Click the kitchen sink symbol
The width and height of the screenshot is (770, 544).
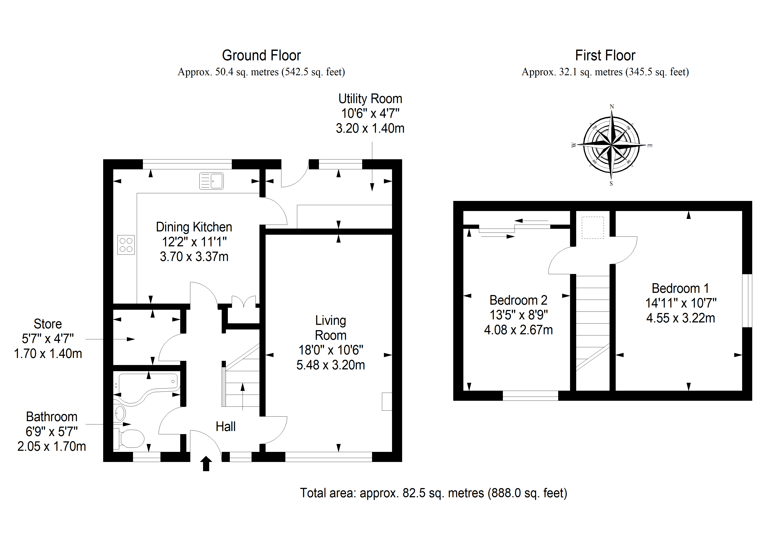(211, 181)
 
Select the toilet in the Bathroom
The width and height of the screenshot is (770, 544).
(129, 438)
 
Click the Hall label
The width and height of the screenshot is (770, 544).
(226, 427)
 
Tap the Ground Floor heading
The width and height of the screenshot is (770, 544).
(262, 55)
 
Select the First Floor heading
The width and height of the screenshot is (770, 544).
(605, 55)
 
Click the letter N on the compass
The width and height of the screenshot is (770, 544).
(612, 107)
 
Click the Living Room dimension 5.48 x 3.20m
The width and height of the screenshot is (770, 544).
(331, 365)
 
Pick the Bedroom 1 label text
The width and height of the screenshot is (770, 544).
(680, 288)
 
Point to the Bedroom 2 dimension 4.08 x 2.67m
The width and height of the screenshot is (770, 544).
(518, 330)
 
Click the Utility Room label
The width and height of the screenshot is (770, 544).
(370, 99)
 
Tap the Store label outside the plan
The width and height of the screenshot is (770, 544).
(48, 324)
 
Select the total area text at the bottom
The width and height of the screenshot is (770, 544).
(434, 493)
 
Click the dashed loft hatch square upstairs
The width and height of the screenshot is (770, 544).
(593, 228)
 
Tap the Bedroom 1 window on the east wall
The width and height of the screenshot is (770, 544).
(747, 301)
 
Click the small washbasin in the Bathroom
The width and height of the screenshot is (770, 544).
(120, 413)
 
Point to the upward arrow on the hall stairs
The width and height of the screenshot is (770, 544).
(243, 397)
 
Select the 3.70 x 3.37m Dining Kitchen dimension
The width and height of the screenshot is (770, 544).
(194, 257)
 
